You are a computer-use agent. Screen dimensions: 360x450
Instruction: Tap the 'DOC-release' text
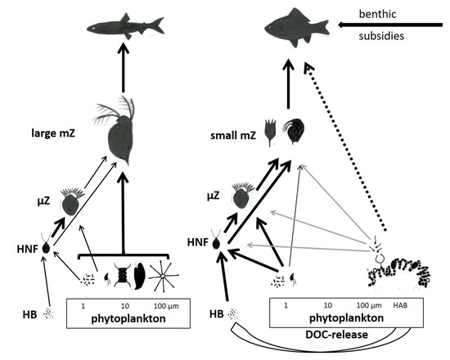point(333,334)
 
